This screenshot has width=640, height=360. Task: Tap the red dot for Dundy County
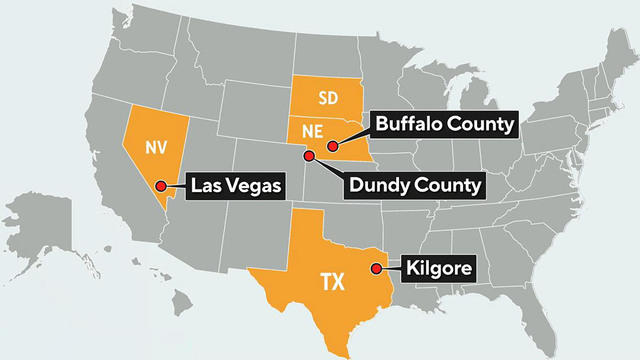point(309,156)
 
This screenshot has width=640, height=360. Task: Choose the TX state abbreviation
point(332,282)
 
